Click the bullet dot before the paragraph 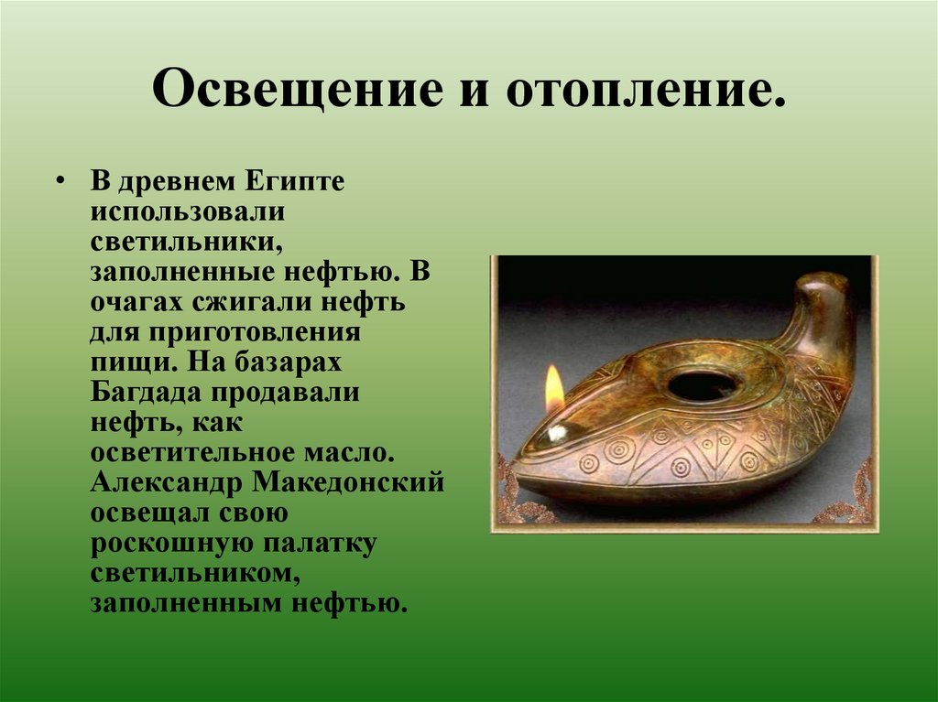pos(60,181)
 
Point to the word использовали pos(188,212)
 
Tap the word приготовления pos(244,333)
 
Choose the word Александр pos(163,483)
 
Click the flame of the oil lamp pos(554,388)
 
